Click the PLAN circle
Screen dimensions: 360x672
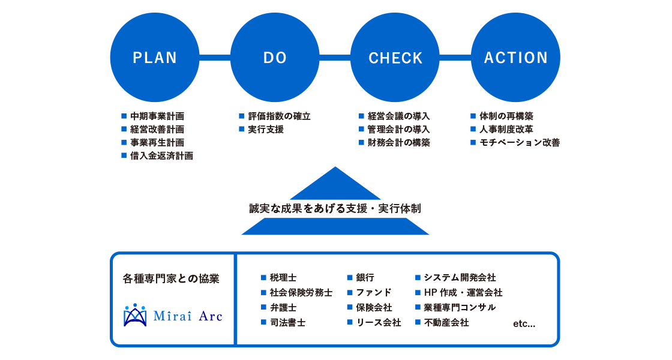pyautogui.click(x=155, y=58)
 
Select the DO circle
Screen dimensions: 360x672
pyautogui.click(x=275, y=58)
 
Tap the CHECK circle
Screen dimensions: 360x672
pyautogui.click(x=395, y=58)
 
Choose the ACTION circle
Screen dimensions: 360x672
pyautogui.click(x=516, y=58)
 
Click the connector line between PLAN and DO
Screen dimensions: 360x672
pyautogui.click(x=215, y=58)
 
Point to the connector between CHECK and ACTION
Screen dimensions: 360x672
pyautogui.click(x=455, y=58)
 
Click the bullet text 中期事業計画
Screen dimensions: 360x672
pyautogui.click(x=157, y=116)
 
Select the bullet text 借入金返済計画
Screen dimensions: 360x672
pyautogui.click(x=161, y=156)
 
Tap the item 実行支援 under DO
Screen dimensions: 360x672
pyautogui.click(x=266, y=130)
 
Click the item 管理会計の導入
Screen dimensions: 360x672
pyautogui.click(x=399, y=130)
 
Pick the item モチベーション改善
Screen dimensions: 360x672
pyautogui.click(x=520, y=143)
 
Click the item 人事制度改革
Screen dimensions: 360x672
pyautogui.click(x=506, y=130)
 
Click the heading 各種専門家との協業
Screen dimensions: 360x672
pyautogui.click(x=171, y=279)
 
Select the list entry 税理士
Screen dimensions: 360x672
pyautogui.click(x=283, y=278)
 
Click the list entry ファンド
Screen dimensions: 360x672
pyautogui.click(x=373, y=293)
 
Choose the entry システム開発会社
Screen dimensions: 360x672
pyautogui.click(x=460, y=278)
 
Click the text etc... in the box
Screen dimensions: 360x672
pyautogui.click(x=524, y=324)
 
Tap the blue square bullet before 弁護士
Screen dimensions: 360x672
pyautogui.click(x=263, y=308)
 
